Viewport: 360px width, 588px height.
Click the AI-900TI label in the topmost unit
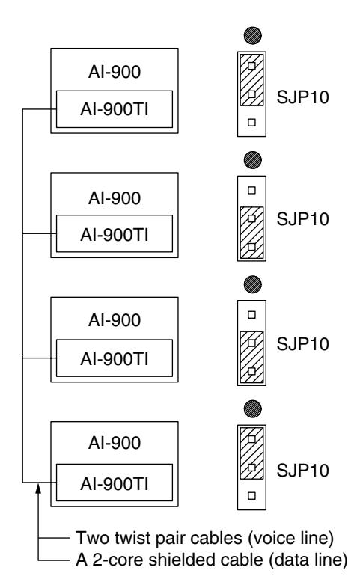click(115, 109)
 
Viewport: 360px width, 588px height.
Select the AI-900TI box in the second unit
click(115, 233)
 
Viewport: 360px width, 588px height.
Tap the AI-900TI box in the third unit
click(115, 358)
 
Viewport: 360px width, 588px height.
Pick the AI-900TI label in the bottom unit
click(115, 484)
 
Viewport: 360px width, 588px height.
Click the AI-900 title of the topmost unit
click(115, 72)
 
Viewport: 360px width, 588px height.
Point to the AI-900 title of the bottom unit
click(115, 443)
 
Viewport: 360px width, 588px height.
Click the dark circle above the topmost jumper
click(252, 36)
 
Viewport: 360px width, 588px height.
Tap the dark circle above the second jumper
click(252, 160)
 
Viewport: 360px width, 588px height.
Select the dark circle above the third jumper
click(252, 284)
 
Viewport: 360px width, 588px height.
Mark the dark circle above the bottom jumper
click(252, 408)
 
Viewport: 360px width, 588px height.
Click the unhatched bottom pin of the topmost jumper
click(252, 122)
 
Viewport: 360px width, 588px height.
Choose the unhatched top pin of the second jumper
click(252, 190)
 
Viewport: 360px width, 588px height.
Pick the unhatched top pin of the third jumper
click(252, 315)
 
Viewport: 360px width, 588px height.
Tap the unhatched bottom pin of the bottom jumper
click(252, 496)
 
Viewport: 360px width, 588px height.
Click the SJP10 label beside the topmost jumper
click(302, 97)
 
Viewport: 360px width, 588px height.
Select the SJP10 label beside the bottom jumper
click(302, 471)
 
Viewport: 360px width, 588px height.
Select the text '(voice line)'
click(290, 539)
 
